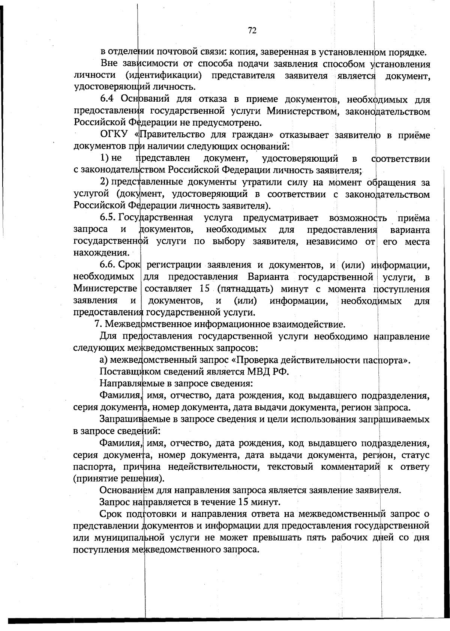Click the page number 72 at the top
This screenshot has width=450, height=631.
[x=252, y=31]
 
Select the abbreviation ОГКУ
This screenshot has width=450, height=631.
[x=114, y=135]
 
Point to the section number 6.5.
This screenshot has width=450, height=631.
[x=108, y=218]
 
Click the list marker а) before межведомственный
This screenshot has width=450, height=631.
[x=103, y=360]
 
